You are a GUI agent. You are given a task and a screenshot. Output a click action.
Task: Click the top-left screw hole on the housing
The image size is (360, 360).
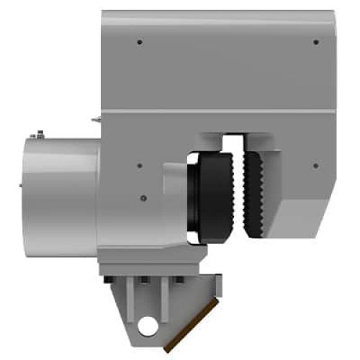click(x=139, y=42)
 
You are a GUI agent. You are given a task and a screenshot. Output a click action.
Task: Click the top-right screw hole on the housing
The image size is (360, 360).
click(x=316, y=42)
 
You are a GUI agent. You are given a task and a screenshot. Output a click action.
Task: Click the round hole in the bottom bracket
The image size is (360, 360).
click(x=149, y=327)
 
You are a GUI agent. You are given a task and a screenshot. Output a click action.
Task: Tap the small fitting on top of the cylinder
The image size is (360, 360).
click(x=40, y=133)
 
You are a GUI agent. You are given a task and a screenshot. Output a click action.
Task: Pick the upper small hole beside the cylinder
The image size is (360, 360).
click(x=139, y=166)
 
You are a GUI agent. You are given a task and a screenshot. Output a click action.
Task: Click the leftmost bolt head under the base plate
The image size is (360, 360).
click(x=109, y=280)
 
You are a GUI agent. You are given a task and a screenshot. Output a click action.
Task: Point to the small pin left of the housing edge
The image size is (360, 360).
click(x=94, y=120)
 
